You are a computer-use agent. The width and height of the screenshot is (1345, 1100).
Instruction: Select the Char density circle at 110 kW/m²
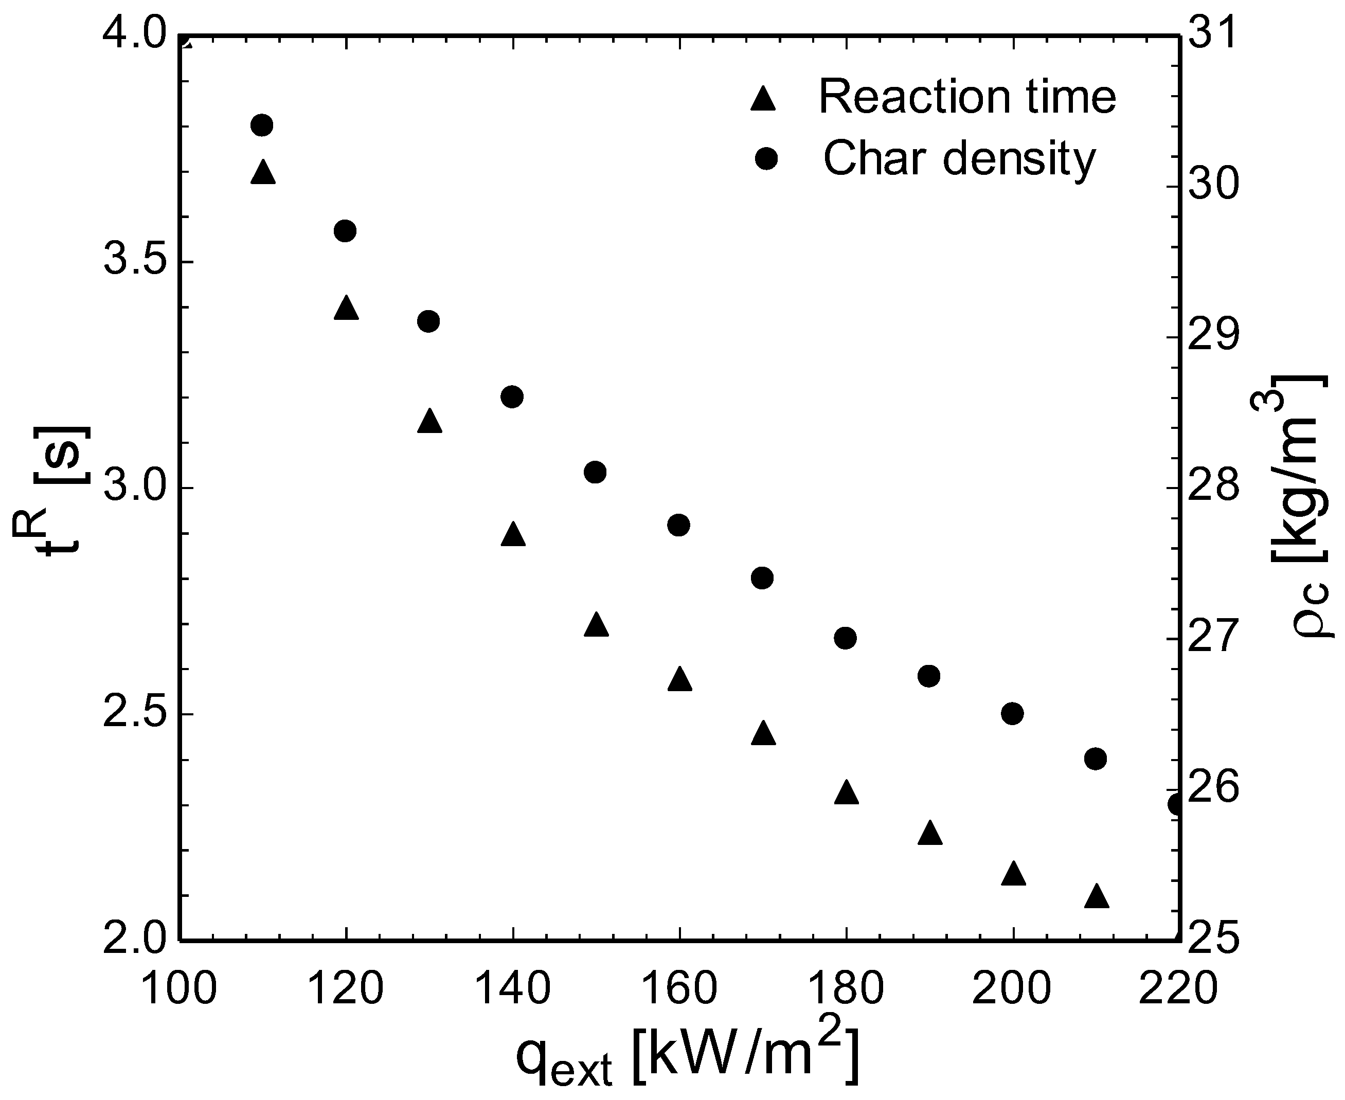tap(262, 125)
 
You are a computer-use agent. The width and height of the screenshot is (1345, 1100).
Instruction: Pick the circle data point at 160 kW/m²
tap(679, 525)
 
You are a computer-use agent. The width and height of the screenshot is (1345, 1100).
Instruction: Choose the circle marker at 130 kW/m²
tap(428, 321)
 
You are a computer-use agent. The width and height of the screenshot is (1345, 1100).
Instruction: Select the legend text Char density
tap(960, 158)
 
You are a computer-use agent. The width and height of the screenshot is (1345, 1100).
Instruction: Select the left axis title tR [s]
tap(51, 488)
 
